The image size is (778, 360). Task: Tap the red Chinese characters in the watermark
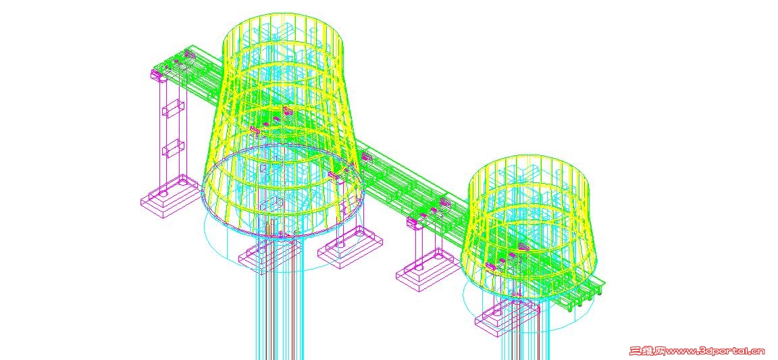pos(647,352)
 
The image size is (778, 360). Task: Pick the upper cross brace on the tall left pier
pos(174,109)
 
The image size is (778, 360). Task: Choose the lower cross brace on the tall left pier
pos(174,149)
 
